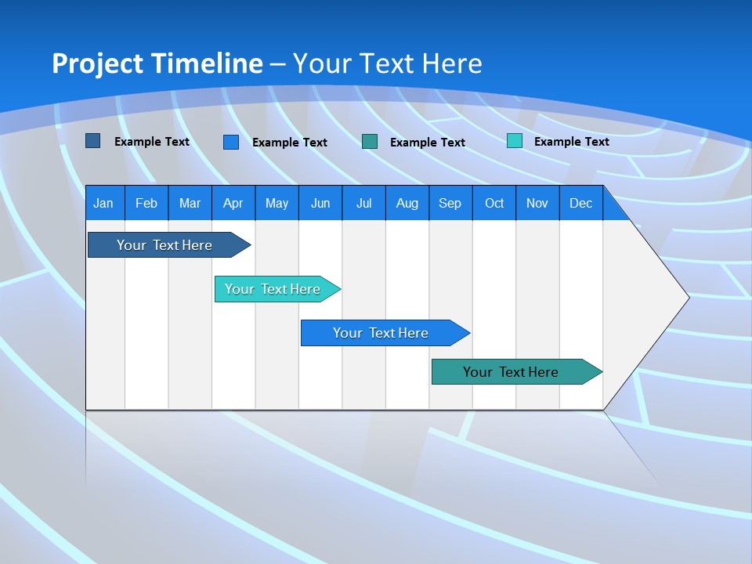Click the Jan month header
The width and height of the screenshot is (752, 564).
click(x=103, y=204)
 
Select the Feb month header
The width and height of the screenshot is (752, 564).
click(x=146, y=204)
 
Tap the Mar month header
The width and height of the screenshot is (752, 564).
click(x=190, y=204)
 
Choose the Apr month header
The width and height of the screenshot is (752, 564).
click(x=233, y=204)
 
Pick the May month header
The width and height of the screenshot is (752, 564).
click(x=277, y=204)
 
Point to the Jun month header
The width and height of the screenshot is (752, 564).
click(x=320, y=204)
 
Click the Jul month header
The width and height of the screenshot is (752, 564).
click(x=363, y=204)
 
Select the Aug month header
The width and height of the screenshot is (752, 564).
click(x=407, y=204)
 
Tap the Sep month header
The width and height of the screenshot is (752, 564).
click(x=450, y=204)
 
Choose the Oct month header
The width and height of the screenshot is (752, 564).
click(x=494, y=204)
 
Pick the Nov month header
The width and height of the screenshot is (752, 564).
click(x=537, y=204)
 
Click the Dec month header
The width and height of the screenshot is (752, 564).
click(x=580, y=204)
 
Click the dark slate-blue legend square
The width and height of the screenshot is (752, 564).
click(x=93, y=141)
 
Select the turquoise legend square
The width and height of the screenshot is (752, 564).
click(x=515, y=141)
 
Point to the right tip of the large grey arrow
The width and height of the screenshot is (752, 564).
click(x=687, y=297)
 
